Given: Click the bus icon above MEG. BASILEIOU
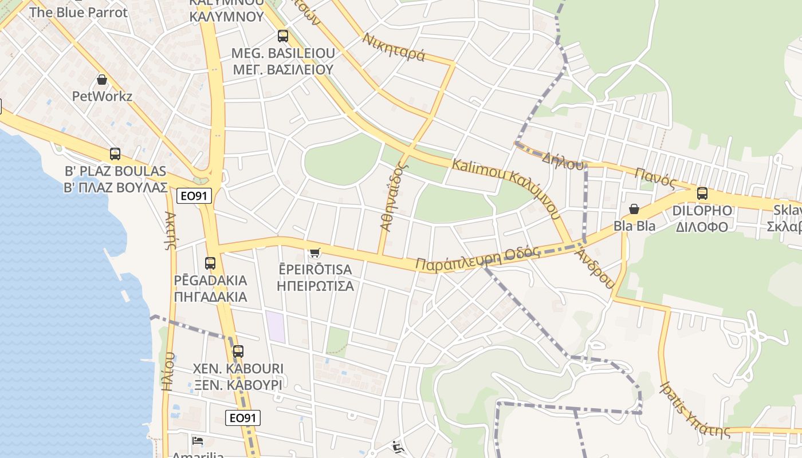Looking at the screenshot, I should (x=283, y=36).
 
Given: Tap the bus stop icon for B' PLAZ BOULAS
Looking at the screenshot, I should (x=115, y=153).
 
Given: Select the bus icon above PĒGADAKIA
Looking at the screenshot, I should (x=210, y=263).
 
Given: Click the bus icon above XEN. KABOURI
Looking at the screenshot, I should (x=238, y=351).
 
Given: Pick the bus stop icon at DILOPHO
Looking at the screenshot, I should (x=702, y=193).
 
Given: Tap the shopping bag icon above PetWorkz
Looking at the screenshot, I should (x=102, y=79).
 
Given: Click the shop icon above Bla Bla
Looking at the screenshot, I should (x=634, y=209).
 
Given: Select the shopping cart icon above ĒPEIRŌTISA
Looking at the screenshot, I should (x=314, y=252).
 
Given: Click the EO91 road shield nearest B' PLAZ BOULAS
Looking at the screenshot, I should (x=193, y=196).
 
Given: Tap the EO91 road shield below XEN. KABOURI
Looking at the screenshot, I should (x=242, y=418).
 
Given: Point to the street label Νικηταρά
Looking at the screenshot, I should (x=394, y=48).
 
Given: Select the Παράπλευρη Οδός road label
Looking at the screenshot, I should (x=478, y=259).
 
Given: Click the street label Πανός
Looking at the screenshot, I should (x=656, y=177).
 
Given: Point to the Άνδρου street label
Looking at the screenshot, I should (x=596, y=268).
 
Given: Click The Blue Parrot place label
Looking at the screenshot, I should (x=78, y=12).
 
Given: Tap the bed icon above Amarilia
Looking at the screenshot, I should (x=198, y=441).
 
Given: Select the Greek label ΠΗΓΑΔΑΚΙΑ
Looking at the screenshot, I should (x=210, y=297).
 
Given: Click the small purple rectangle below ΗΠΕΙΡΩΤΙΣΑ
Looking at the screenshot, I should (x=276, y=327).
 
